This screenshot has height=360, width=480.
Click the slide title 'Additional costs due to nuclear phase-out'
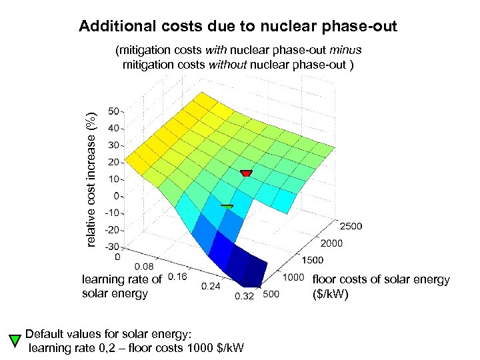pos(238,27)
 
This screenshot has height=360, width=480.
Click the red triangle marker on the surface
pos(246,173)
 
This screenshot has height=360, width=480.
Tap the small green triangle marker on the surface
pos(227,207)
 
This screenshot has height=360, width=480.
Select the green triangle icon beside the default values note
pos(14,341)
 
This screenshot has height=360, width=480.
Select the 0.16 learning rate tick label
pos(177,276)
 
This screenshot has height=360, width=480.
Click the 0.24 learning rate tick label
pos(211,286)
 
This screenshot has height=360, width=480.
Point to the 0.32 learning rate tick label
pos(244,297)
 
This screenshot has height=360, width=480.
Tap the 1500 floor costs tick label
pos(312,260)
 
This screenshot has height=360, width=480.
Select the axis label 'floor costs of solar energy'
pos(381,279)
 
